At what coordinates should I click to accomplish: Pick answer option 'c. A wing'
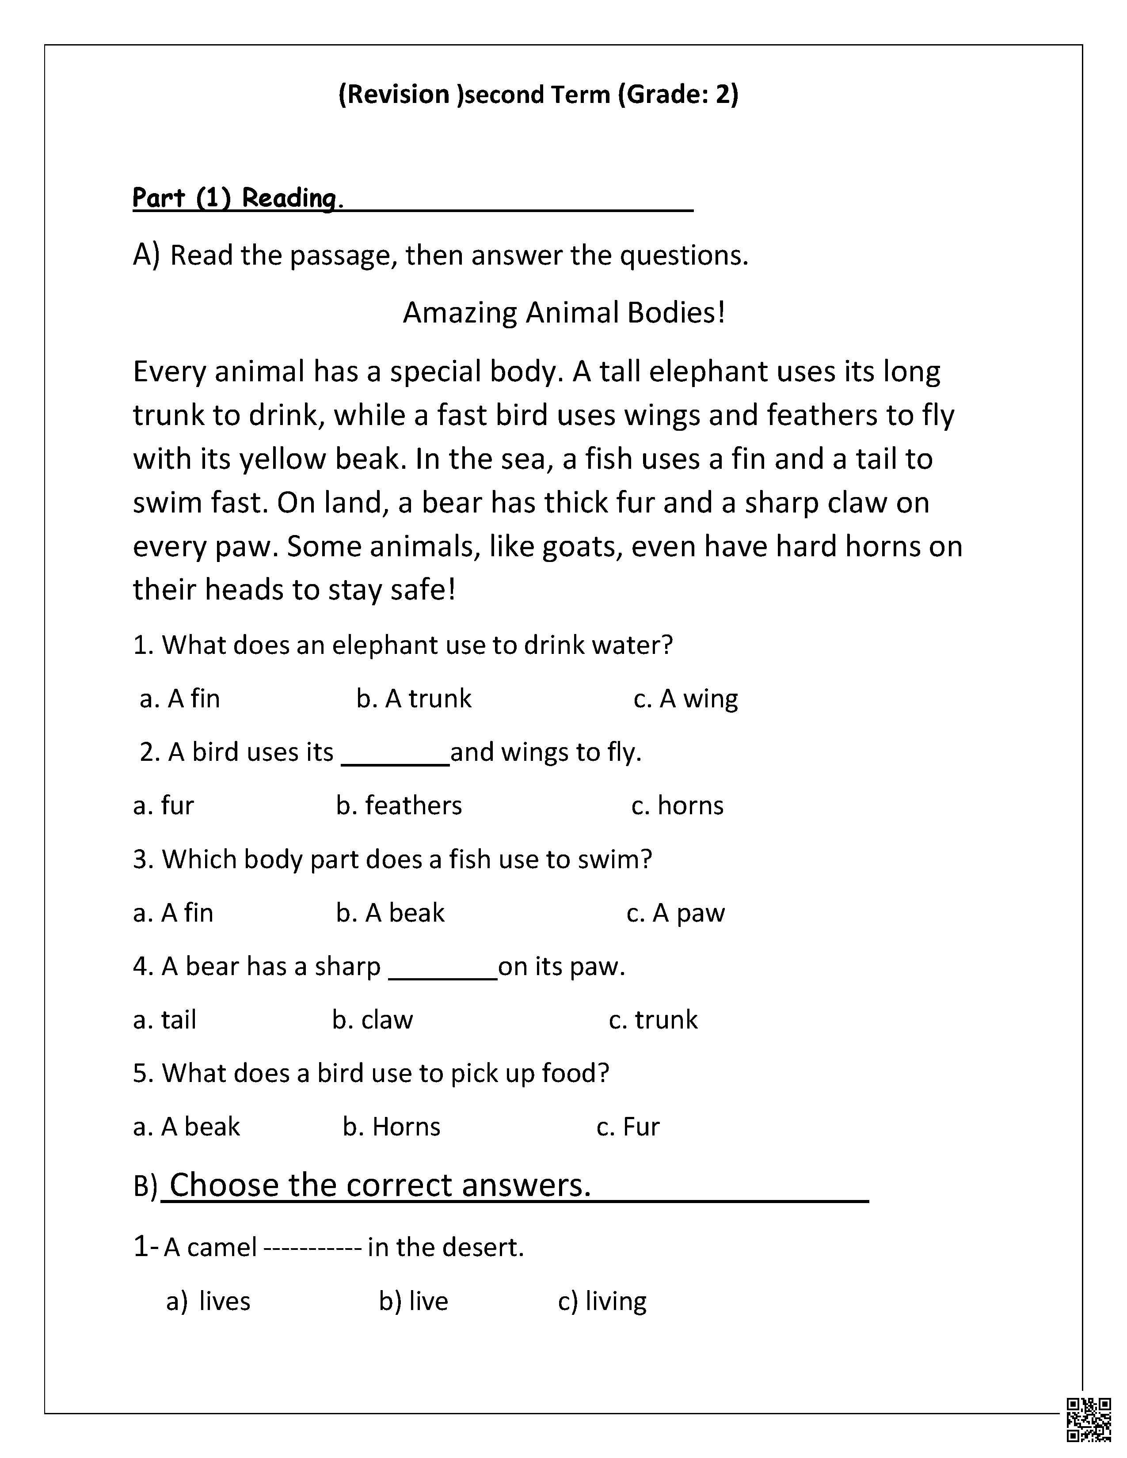point(685,698)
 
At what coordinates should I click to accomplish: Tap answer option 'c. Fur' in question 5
point(628,1127)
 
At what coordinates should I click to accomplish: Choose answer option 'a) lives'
point(208,1301)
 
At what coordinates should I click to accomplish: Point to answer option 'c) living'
point(602,1301)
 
